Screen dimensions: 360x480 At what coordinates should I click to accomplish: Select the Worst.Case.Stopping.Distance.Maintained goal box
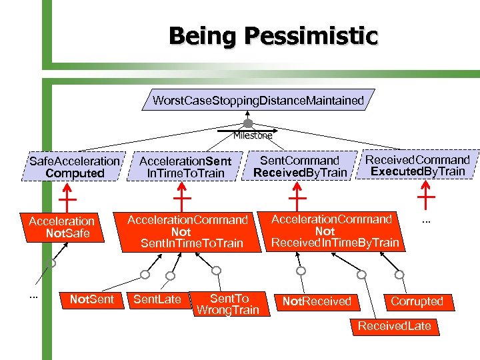(x=259, y=101)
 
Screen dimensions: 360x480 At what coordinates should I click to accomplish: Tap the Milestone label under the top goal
(x=253, y=135)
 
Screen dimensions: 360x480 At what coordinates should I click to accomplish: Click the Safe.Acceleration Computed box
(x=75, y=167)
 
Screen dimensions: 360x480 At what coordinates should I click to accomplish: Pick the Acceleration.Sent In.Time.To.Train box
(x=185, y=167)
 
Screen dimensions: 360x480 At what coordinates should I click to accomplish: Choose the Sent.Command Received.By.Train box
(x=299, y=167)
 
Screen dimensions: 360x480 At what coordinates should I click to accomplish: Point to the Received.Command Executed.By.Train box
(x=417, y=165)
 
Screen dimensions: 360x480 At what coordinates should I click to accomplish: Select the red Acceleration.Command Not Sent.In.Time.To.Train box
(x=187, y=231)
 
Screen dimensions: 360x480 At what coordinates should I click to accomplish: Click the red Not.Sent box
(x=91, y=300)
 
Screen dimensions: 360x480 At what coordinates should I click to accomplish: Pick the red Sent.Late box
(x=157, y=299)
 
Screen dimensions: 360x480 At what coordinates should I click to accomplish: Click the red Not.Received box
(x=317, y=301)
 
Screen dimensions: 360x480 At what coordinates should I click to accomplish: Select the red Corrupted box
(x=417, y=301)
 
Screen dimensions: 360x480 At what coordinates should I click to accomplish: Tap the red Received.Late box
(x=395, y=325)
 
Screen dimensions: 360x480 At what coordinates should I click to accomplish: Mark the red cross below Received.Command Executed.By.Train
(x=425, y=196)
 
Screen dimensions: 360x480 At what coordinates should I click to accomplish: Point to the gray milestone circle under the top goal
(x=248, y=124)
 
